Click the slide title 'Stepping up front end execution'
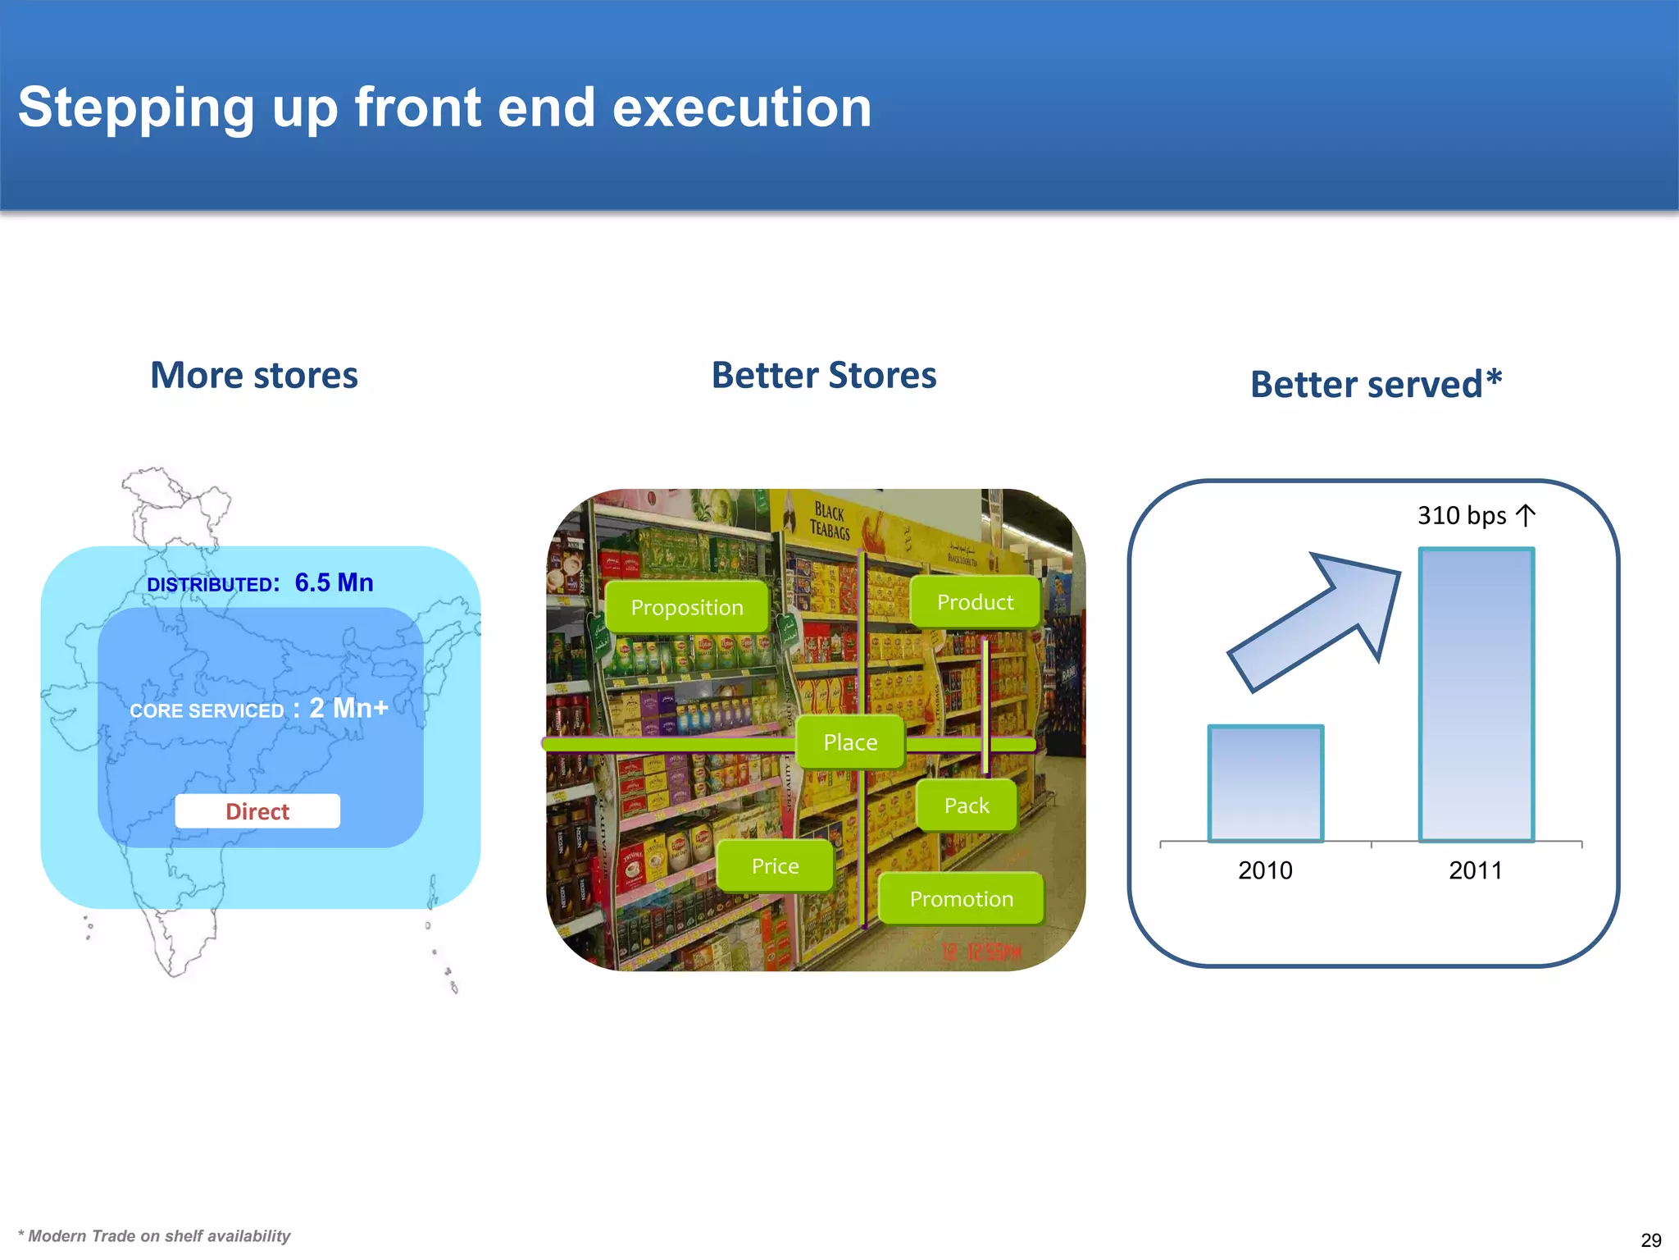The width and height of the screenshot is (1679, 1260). tap(444, 107)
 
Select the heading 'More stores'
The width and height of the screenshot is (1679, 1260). tap(254, 376)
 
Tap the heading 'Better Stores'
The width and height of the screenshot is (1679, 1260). tap(823, 376)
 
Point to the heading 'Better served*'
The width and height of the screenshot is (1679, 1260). tap(1376, 384)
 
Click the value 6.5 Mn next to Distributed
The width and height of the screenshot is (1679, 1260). tap(334, 582)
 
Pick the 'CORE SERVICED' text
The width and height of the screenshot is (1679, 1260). tap(207, 710)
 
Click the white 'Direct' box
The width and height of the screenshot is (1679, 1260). tap(257, 811)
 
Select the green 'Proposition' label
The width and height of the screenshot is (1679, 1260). tap(687, 607)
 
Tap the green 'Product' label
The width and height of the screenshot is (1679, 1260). tap(975, 602)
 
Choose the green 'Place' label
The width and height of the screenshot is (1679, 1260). tap(850, 742)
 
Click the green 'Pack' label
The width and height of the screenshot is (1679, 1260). tap(967, 806)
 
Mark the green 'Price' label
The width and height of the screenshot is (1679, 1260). tap(775, 866)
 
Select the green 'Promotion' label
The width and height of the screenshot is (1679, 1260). tap(961, 899)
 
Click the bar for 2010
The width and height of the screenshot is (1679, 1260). tap(1265, 783)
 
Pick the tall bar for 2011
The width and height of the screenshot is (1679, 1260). tap(1476, 694)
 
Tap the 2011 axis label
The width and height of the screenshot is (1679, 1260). tap(1475, 870)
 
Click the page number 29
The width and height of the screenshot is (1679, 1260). tap(1651, 1240)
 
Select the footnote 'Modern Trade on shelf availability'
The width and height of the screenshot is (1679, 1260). tap(156, 1236)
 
